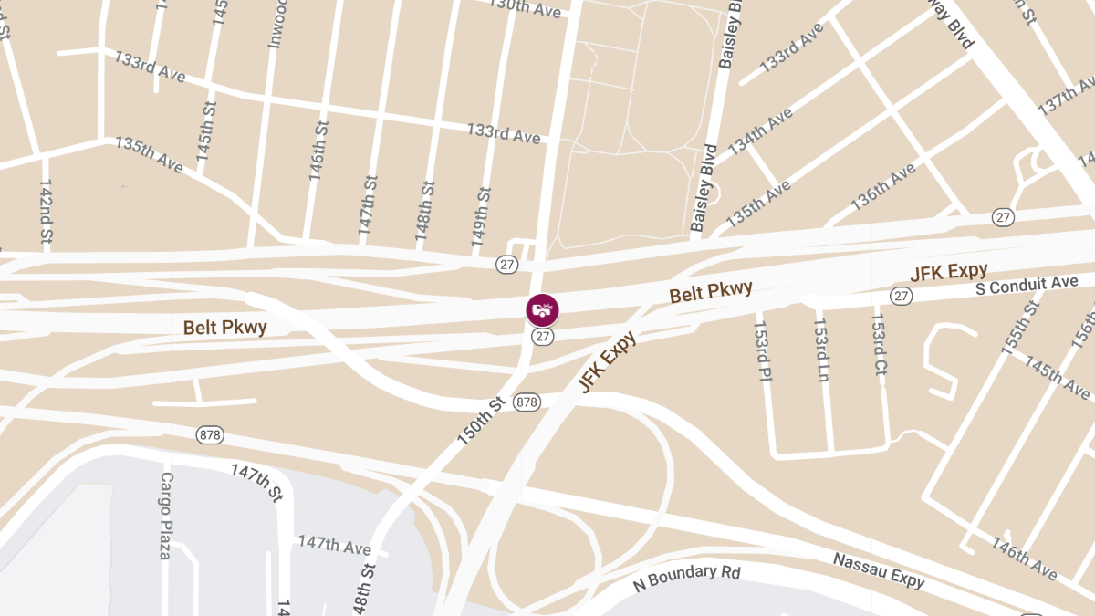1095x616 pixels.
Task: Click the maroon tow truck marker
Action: pos(543,309)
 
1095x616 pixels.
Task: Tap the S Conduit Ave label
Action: pos(1027,285)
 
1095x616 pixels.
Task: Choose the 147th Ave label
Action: pos(334,546)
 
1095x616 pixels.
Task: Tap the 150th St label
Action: pos(481,421)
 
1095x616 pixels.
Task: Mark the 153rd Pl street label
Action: pos(762,350)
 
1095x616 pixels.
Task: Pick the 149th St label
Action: pos(482,217)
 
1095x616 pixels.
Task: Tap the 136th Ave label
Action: pos(882,186)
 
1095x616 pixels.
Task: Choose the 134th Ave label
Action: pos(760,131)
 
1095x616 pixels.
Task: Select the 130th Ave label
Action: pos(525,7)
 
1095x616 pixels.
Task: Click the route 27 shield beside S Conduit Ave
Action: pos(902,296)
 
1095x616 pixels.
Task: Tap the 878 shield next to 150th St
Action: pos(527,402)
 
